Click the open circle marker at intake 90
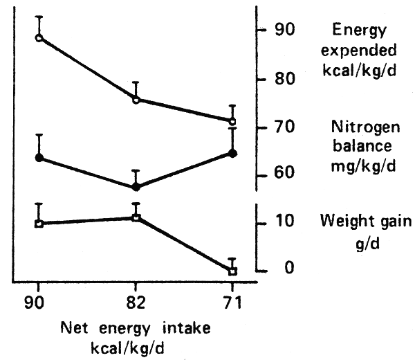tap(39, 37)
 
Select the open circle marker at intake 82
tap(136, 100)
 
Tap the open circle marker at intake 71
tap(233, 120)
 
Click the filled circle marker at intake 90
tap(39, 158)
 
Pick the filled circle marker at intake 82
tap(136, 187)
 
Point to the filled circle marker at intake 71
tap(233, 153)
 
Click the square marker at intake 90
tap(39, 224)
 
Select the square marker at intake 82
tap(136, 217)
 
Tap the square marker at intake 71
tap(233, 271)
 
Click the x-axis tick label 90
tap(39, 305)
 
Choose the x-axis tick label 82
tap(136, 305)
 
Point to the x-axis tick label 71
tap(233, 305)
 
